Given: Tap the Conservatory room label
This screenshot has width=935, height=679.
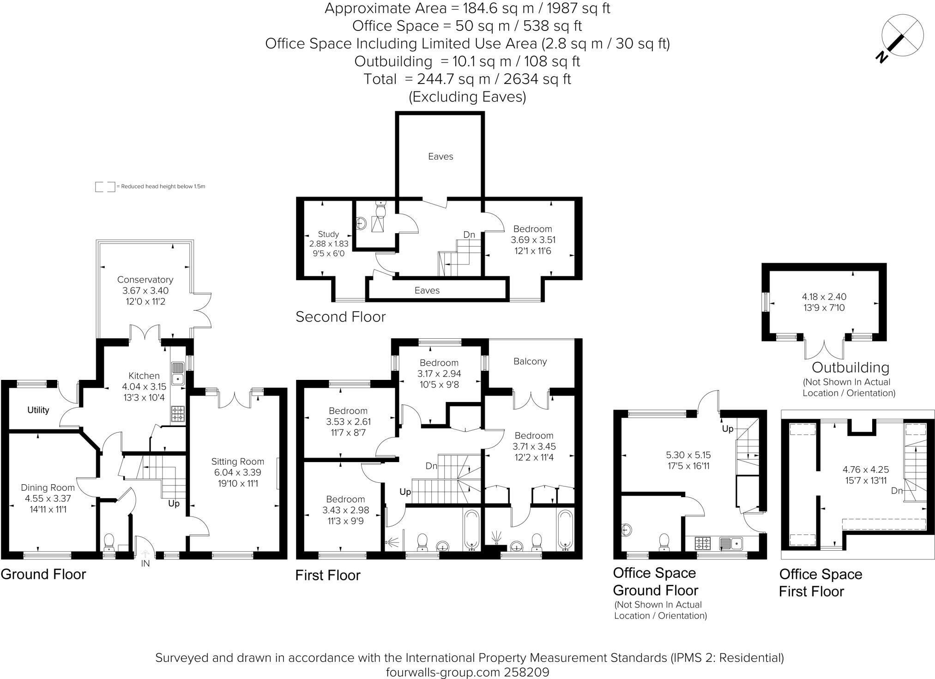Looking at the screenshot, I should pos(145,280).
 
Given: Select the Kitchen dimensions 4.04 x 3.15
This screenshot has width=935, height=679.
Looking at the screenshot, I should pos(144,387).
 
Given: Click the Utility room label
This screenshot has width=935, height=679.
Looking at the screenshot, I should pos(38,410).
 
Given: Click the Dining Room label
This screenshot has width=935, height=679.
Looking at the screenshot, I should pos(48,487).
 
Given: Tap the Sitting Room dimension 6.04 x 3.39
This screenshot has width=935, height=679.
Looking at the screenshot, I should pos(237,472).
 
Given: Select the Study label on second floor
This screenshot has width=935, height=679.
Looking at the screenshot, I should pos(328,234).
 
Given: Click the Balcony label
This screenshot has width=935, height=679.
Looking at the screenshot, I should pos(530,361).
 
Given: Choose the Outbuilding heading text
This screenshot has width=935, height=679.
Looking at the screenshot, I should pos(850,367).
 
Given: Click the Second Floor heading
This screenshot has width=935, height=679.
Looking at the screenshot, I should pos(340,317).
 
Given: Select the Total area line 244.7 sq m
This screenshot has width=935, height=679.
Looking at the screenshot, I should pos(467,79).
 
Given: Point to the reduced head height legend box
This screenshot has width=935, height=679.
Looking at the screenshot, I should pos(105,186).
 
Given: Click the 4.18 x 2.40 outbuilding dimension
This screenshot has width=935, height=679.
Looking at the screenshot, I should pos(824,297).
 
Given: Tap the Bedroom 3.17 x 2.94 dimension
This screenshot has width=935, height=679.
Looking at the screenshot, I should pos(439,373).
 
